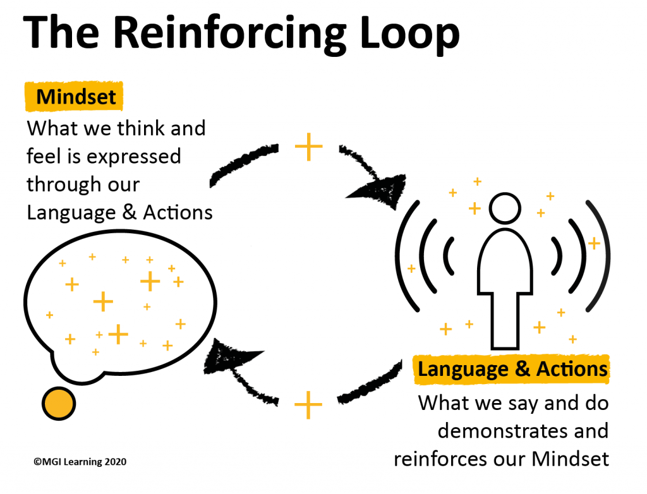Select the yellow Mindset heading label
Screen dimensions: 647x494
click(x=75, y=97)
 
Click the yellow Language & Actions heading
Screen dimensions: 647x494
click(x=512, y=369)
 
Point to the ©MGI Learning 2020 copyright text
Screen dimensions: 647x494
click(x=80, y=461)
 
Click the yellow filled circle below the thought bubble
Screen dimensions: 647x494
click(x=59, y=404)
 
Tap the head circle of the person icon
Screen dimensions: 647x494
click(x=505, y=208)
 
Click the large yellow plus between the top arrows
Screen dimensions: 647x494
click(x=308, y=147)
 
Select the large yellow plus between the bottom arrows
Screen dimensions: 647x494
click(x=308, y=405)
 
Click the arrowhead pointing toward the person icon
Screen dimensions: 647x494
click(x=382, y=191)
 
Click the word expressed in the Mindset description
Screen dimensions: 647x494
click(x=134, y=157)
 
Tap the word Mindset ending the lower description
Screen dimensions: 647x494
click(x=571, y=459)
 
